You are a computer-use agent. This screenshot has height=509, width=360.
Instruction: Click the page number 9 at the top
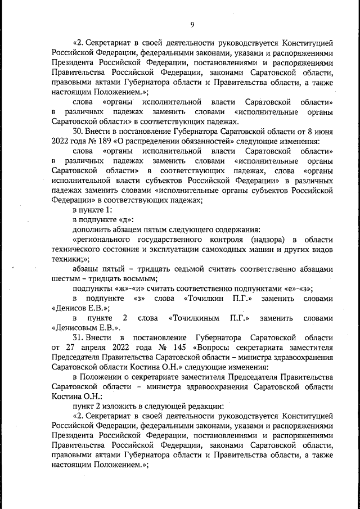coord(192,24)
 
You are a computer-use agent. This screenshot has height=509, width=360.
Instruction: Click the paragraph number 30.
coord(78,131)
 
